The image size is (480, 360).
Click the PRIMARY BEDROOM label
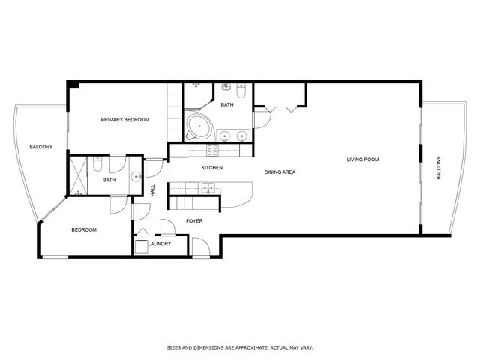pyautogui.click(x=125, y=120)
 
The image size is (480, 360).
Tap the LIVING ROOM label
pyautogui.click(x=363, y=160)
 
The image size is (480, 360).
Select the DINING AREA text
pyautogui.click(x=280, y=172)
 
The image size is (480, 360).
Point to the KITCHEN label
pyautogui.click(x=211, y=168)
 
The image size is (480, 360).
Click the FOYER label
pyautogui.click(x=194, y=221)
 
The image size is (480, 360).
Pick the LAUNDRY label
pyautogui.click(x=160, y=244)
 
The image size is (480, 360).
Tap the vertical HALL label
pyautogui.click(x=153, y=190)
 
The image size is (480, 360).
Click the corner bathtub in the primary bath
pyautogui.click(x=199, y=126)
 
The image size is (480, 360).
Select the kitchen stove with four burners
pyautogui.click(x=212, y=150)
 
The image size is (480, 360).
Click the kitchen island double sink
pyautogui.click(x=208, y=187)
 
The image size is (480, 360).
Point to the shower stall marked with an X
pyautogui.click(x=79, y=175)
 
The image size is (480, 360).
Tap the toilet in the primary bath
pyautogui.click(x=241, y=91)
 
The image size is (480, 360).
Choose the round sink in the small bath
pyautogui.click(x=136, y=177)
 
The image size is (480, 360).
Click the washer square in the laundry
pyautogui.click(x=141, y=247)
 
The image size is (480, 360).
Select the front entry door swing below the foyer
pyautogui.click(x=201, y=247)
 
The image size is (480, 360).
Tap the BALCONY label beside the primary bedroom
pyautogui.click(x=41, y=147)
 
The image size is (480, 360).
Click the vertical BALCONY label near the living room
pyautogui.click(x=438, y=168)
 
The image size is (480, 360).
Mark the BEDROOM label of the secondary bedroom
pyautogui.click(x=84, y=230)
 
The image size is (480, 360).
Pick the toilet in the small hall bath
pyautogui.click(x=97, y=163)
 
